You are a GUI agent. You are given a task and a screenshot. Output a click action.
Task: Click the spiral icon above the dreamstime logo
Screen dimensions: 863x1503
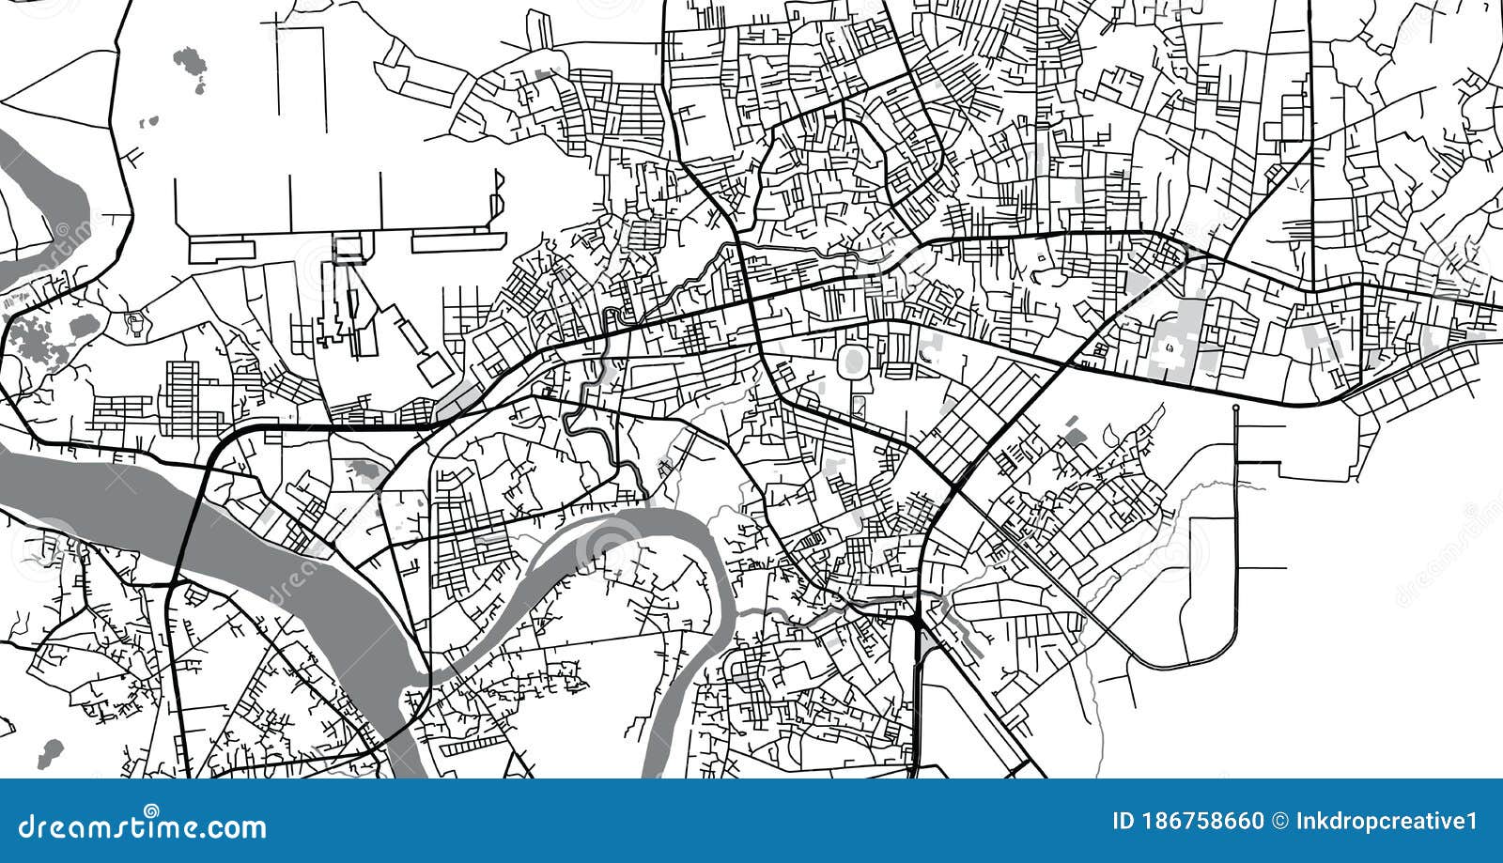click(151, 809)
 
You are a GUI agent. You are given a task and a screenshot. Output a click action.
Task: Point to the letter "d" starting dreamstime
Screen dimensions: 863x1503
click(27, 827)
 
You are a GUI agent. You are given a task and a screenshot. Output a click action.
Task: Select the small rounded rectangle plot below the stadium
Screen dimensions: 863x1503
click(859, 407)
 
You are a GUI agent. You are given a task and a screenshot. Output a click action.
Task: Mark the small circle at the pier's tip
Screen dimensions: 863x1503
click(1236, 408)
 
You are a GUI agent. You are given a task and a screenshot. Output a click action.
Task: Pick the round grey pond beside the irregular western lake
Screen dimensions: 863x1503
click(82, 327)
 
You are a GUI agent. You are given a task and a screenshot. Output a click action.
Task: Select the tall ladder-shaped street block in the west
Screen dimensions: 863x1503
click(181, 398)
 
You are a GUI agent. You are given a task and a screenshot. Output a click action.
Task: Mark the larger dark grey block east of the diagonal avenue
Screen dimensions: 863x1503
click(1074, 436)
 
